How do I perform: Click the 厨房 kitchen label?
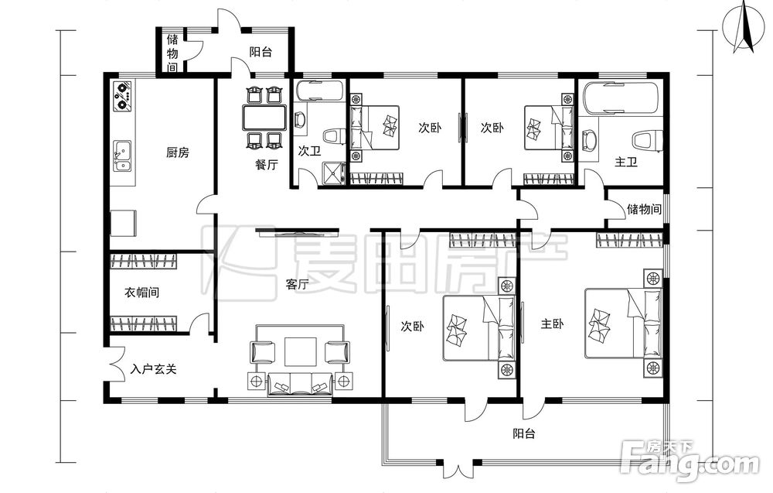[x=178, y=152]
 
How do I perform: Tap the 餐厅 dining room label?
[x=266, y=164]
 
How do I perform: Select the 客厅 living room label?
[x=298, y=284]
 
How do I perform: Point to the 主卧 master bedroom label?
[x=552, y=324]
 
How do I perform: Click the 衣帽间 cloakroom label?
[x=142, y=293]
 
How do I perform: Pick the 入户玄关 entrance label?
[x=153, y=368]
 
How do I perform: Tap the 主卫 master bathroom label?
[x=626, y=162]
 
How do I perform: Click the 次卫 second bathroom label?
[x=310, y=151]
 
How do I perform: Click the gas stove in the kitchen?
[x=123, y=95]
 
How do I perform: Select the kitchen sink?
[x=122, y=156]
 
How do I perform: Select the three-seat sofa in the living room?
[x=301, y=385]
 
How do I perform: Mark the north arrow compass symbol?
[x=743, y=28]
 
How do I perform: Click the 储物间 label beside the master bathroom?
[x=644, y=209]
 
